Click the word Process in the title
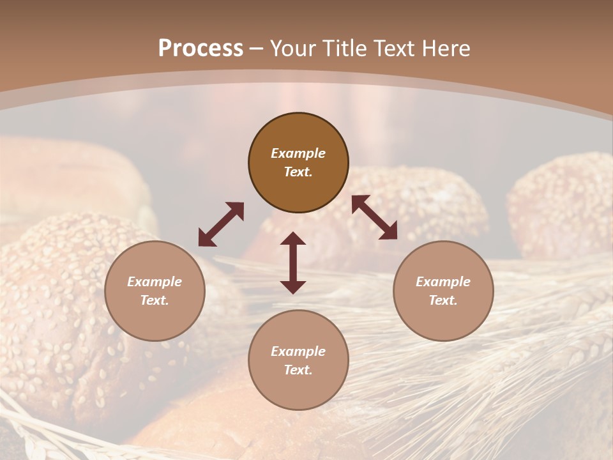[x=201, y=49]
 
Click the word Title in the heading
[x=345, y=49]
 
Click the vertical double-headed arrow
[x=293, y=263]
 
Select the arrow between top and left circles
[x=221, y=224]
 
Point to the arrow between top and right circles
[x=375, y=217]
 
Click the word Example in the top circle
[x=298, y=153]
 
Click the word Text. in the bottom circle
[x=298, y=370]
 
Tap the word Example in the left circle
[x=155, y=282]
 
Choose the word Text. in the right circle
[x=443, y=300]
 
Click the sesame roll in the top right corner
[x=562, y=204]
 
